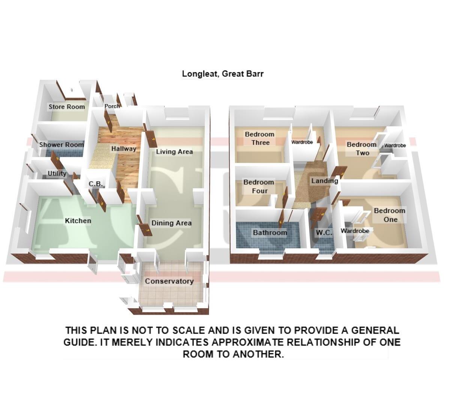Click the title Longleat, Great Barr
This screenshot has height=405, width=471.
point(223,73)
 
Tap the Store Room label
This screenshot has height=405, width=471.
point(67,107)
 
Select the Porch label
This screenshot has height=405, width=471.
point(112,106)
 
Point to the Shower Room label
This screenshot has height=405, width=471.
point(61,145)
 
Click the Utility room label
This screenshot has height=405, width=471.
point(57,173)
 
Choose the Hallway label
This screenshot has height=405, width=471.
point(124,149)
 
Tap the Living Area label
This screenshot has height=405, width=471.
point(174,152)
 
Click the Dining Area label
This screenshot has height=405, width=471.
point(171,223)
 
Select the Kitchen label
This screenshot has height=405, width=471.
point(78,220)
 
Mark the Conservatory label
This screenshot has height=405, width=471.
point(169,281)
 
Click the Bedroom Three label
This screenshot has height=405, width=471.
point(260,138)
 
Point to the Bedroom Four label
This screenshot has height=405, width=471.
point(259,186)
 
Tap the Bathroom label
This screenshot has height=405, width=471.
point(270,233)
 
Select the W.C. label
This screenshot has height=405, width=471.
point(324,233)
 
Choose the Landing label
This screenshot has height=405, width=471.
point(325,181)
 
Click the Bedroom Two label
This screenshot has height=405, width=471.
point(362,148)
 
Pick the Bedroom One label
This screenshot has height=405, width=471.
point(390,215)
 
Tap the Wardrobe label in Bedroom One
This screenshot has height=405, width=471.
point(355,231)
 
